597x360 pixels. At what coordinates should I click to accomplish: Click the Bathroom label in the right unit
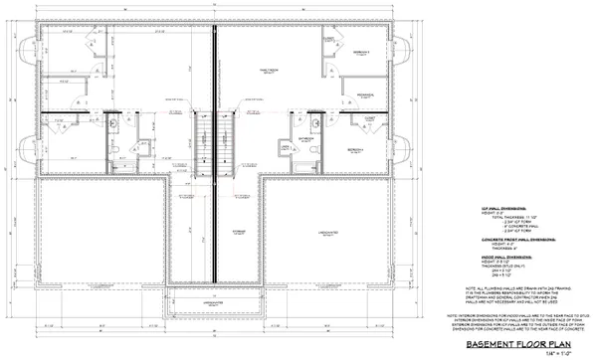[x=306, y=139]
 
